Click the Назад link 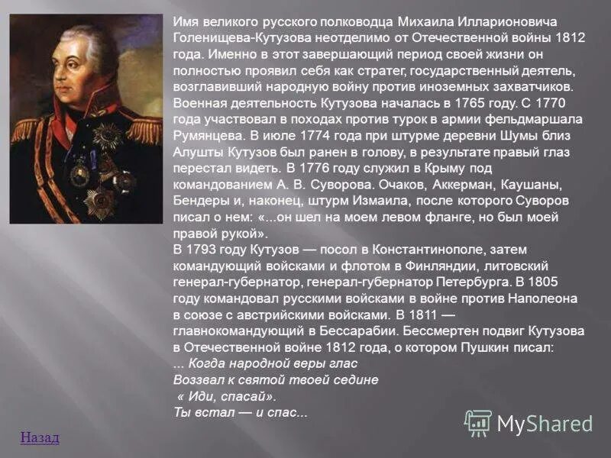pos(40,437)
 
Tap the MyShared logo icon pos(478,423)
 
